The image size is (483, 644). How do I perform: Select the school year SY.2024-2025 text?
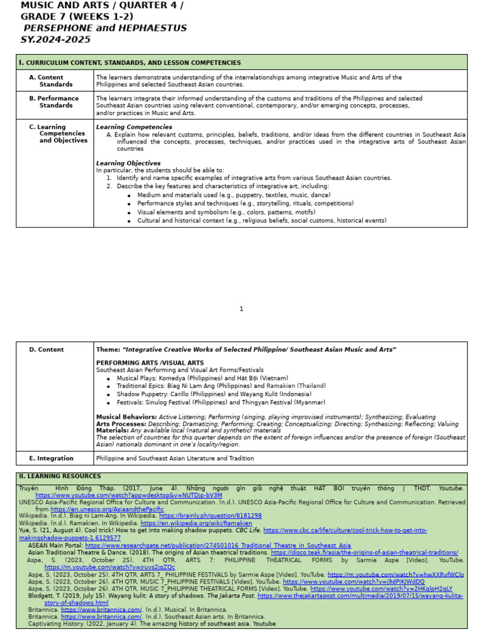pos(55,40)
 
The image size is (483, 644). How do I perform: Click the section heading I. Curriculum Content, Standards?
pos(130,62)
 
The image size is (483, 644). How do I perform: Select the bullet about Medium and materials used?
pos(233,195)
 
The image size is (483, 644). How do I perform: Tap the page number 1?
pos(241,309)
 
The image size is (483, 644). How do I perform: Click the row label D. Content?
pos(47,350)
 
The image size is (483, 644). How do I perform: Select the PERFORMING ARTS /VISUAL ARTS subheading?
pos(150,363)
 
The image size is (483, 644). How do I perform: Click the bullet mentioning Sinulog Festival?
pos(221,402)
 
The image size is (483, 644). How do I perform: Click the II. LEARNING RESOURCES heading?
pos(60,476)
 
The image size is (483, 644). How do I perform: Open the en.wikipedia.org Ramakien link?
pos(196,523)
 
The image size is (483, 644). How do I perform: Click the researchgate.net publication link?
pos(218,545)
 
